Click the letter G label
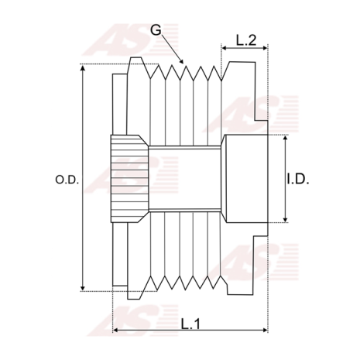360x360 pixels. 156,30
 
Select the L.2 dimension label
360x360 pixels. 246,40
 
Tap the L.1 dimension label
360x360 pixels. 190,324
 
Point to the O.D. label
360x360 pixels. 67,180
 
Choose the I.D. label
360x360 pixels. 297,179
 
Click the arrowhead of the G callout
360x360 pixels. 181,61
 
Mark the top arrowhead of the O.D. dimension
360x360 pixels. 83,67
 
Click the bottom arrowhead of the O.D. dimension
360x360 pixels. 83,288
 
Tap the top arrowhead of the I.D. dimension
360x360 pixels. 285,139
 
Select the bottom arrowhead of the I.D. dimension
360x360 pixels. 285,219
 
